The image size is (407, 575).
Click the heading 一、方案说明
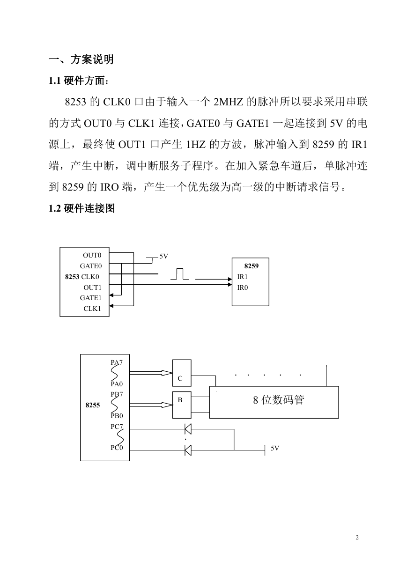[81, 59]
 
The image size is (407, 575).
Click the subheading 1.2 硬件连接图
[81, 208]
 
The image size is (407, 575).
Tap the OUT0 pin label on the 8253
[92, 255]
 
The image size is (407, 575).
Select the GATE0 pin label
[91, 266]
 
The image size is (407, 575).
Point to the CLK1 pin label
[92, 309]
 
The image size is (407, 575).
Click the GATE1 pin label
[91, 298]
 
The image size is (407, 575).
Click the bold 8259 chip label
[252, 266]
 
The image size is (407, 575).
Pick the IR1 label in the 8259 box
[242, 277]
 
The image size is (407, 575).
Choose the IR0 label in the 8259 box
[243, 287]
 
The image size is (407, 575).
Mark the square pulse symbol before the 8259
[180, 274]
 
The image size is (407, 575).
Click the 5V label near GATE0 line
[163, 256]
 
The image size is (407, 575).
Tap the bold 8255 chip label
[93, 405]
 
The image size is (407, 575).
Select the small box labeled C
[182, 373]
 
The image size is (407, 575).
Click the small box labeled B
[182, 405]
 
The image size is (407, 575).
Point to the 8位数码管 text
[279, 400]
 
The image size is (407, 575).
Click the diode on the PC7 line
[188, 429]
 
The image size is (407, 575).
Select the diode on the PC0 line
[188, 450]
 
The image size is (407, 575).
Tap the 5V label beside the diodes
[275, 448]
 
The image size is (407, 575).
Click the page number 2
[357, 537]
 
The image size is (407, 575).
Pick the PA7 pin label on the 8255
[117, 362]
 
